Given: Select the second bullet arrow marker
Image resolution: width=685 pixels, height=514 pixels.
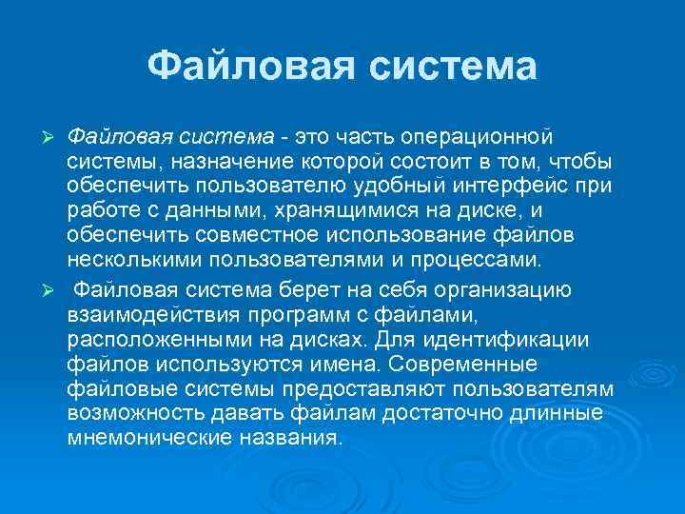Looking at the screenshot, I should click(x=55, y=289).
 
